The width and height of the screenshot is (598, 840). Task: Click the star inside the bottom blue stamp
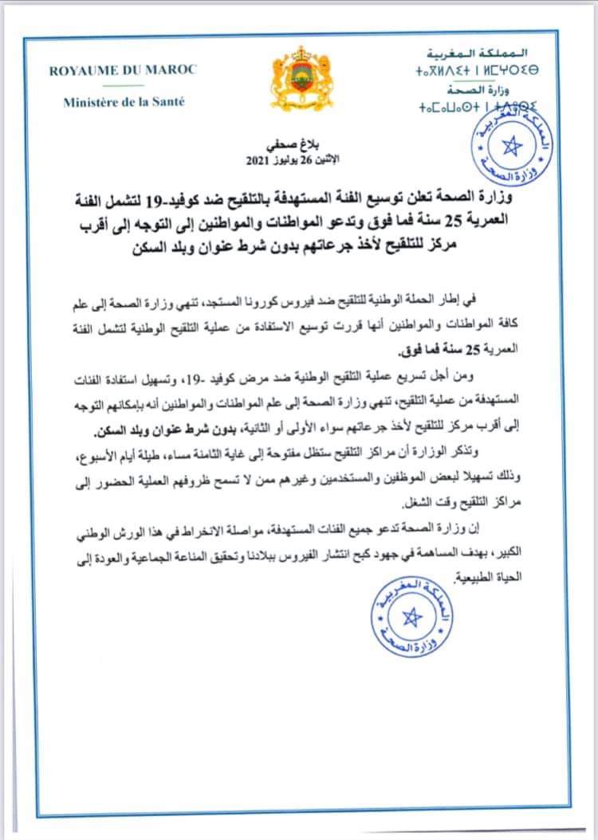[x=412, y=617]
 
